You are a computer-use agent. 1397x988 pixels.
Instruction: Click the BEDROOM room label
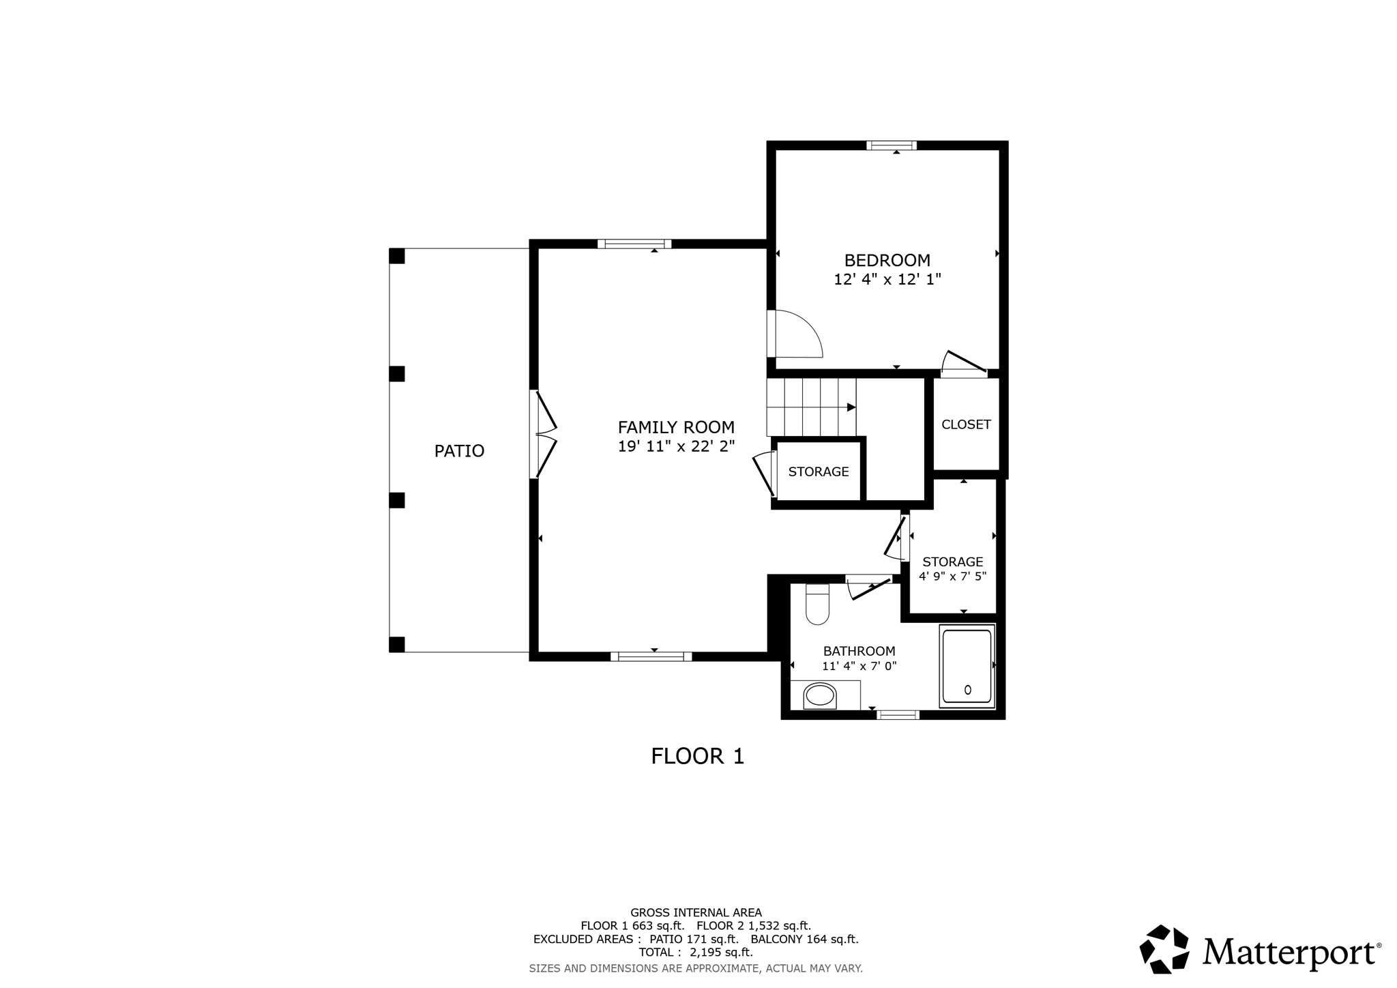(x=887, y=261)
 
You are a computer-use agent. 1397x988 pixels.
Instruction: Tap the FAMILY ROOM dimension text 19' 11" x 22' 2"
(x=676, y=447)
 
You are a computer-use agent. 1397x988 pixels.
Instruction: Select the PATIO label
(x=459, y=451)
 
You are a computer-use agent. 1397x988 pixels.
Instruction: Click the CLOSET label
(x=966, y=424)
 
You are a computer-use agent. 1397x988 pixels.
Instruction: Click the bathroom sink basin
(x=819, y=695)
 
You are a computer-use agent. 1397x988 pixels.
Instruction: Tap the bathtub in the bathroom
(x=967, y=665)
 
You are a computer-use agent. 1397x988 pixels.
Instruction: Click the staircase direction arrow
(x=851, y=407)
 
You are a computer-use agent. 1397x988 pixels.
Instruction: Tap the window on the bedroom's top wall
(x=892, y=145)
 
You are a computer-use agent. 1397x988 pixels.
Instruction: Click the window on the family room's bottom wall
(x=651, y=656)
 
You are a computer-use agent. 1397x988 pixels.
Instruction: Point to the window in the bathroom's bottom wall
(x=898, y=715)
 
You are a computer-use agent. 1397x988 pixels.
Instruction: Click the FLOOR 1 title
(x=697, y=756)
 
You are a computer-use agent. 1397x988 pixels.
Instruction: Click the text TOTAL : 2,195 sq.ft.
(x=695, y=953)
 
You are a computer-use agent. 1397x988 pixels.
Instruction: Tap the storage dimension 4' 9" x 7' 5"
(x=952, y=577)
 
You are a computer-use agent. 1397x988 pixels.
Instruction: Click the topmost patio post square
(x=397, y=256)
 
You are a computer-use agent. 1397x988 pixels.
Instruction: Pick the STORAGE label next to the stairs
(x=819, y=471)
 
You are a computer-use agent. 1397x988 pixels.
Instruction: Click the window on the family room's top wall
(x=634, y=244)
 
